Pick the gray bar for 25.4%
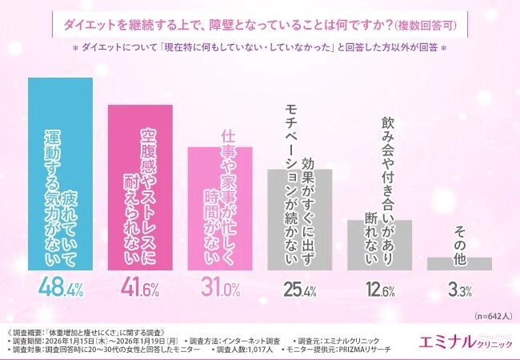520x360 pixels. (300, 219)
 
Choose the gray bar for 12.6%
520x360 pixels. (379, 245)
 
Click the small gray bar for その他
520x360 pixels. (459, 263)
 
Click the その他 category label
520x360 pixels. (459, 237)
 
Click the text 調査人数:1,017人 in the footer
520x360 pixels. (244, 350)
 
